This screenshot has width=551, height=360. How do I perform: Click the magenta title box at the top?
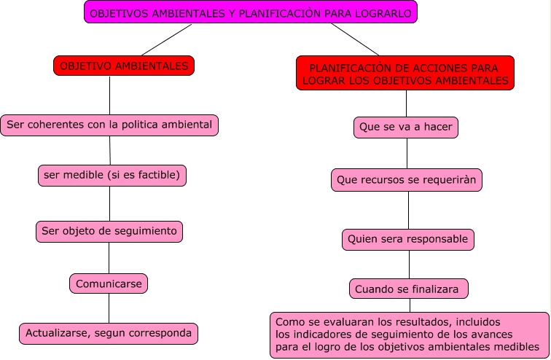point(251,12)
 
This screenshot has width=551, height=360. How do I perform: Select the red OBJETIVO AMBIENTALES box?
point(124,66)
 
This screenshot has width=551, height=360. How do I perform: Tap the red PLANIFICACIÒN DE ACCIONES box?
point(405,74)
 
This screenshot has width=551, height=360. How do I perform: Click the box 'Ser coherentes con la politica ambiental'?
point(109,125)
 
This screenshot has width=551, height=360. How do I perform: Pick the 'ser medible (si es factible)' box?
point(112,175)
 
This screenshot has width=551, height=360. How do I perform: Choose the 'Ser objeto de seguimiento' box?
point(109,231)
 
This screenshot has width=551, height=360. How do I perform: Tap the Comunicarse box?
point(109,283)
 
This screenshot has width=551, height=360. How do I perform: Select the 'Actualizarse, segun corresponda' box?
point(109,333)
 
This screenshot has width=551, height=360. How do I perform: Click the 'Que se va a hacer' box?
point(407,127)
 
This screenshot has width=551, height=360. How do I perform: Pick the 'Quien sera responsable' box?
point(408,238)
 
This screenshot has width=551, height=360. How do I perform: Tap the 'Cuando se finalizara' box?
point(407,289)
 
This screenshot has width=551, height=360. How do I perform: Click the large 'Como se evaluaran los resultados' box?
point(409,334)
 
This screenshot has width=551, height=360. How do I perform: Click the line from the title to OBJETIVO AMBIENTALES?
point(167,39)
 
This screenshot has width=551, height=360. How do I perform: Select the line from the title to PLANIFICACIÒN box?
point(355,39)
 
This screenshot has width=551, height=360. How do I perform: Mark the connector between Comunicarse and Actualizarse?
point(109,308)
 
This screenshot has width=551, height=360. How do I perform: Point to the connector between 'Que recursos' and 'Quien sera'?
point(408,210)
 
